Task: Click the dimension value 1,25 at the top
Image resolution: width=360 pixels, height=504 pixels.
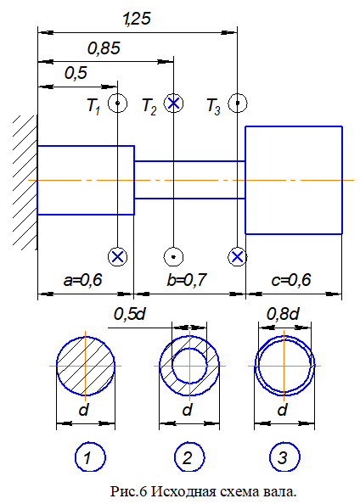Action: tap(137, 19)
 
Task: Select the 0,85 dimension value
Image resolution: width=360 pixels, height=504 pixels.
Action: tap(104, 48)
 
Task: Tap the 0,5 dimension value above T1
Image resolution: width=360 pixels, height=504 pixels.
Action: tap(76, 73)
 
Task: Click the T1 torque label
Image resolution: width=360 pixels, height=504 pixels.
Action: tap(93, 105)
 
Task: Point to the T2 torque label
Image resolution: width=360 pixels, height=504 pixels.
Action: tap(149, 105)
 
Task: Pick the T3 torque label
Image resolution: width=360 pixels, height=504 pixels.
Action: tap(214, 105)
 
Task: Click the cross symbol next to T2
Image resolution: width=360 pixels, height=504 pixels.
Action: tap(173, 104)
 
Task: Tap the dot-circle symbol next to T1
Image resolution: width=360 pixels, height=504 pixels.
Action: tap(117, 104)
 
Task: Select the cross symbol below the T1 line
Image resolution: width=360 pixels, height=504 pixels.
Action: tap(117, 257)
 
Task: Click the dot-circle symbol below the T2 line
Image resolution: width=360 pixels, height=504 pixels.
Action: tap(173, 257)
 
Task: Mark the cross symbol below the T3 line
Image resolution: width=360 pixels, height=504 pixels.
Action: tap(237, 257)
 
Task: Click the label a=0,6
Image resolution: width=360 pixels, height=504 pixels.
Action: tap(83, 280)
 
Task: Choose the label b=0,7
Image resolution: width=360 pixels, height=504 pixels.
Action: tap(187, 280)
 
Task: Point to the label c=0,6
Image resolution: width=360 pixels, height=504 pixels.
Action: tap(291, 280)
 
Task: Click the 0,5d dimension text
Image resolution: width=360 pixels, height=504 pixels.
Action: tap(130, 314)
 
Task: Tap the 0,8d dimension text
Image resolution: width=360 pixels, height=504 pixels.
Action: tap(283, 314)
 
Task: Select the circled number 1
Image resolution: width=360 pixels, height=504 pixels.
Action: tap(90, 456)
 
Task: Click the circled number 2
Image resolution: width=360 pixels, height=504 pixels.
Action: tap(190, 456)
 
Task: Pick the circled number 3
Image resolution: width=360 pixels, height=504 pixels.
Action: tap(284, 456)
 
